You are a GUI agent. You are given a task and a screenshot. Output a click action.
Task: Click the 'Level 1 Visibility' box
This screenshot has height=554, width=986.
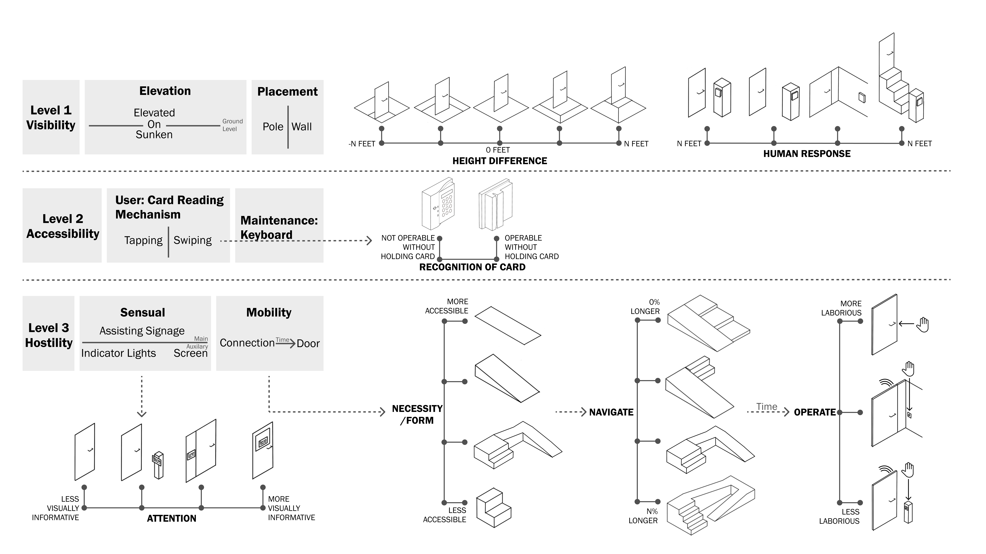click(51, 117)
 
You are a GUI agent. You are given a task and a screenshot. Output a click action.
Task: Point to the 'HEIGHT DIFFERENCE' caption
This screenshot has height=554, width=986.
click(500, 161)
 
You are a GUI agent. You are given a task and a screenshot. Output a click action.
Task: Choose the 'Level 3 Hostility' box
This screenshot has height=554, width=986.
click(49, 335)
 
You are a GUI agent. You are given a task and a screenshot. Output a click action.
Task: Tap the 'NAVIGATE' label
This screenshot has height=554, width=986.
click(611, 412)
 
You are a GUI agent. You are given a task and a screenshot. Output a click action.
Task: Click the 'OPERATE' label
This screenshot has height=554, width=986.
click(814, 412)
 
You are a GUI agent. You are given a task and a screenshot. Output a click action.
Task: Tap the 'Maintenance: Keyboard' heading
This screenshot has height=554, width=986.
click(279, 227)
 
